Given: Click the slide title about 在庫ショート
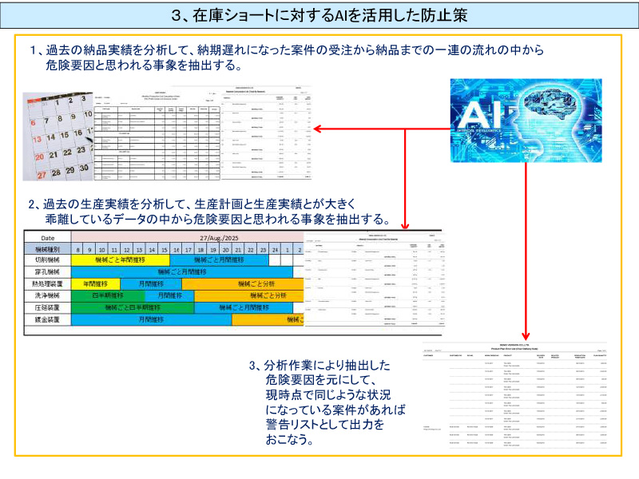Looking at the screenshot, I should coord(319,15).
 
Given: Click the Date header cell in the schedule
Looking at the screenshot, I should coord(47,237).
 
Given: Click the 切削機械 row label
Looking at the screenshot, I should coord(47,259).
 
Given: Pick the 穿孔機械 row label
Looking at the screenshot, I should coord(47,271).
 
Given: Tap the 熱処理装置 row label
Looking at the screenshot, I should coord(47,283).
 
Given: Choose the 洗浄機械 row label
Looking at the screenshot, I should coord(47,295).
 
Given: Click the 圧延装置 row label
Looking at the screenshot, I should coord(47,307).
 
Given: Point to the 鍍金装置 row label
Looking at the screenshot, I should coord(47,319).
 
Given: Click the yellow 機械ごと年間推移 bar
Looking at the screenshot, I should coord(121,259).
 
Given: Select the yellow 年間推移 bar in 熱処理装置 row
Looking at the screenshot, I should coord(96,283).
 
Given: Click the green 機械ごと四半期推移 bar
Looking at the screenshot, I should coord(133,307).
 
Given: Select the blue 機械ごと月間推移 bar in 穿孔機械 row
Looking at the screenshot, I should coord(188,271).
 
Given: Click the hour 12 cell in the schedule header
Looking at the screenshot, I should coord(126,248).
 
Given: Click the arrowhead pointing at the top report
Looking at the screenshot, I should coord(317,129).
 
